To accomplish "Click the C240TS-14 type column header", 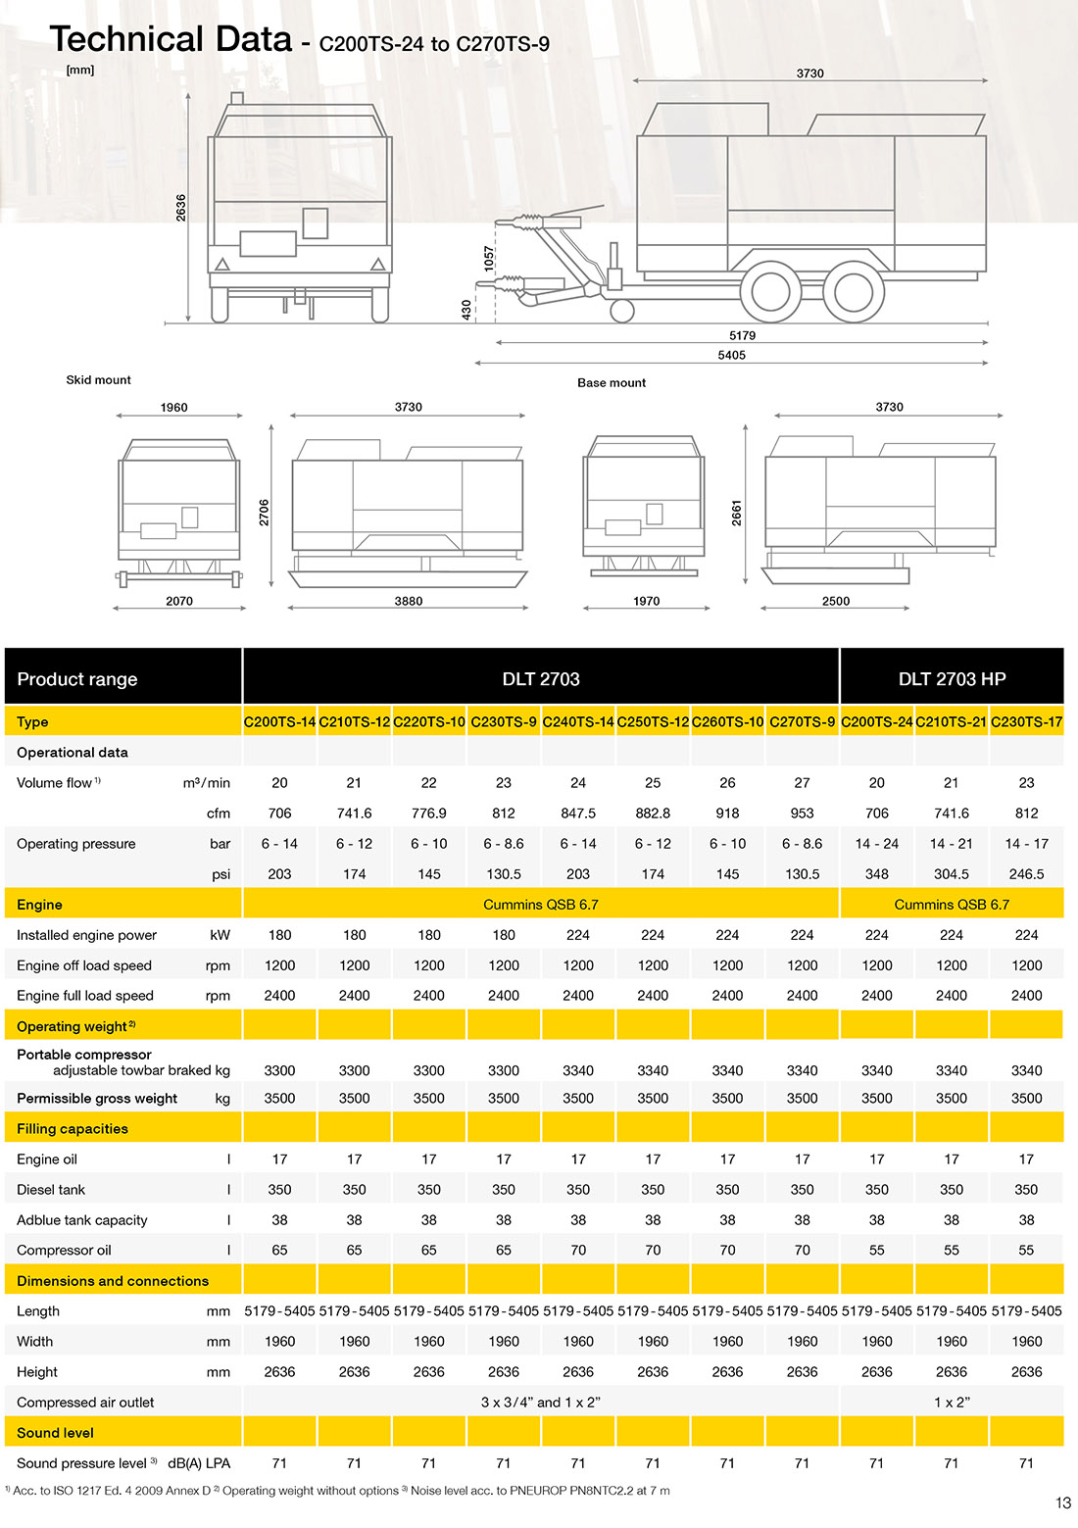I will [x=578, y=722].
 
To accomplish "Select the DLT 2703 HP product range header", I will [x=952, y=679].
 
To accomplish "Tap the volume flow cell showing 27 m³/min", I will [x=802, y=783].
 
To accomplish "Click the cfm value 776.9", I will [x=429, y=813].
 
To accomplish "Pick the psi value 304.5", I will [x=952, y=874].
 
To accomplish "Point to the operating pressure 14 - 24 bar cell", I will [x=876, y=844].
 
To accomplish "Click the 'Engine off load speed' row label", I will [x=84, y=965].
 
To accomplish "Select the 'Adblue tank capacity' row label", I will [x=82, y=1220].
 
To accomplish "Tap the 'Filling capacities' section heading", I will [x=73, y=1129].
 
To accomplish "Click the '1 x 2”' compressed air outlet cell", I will [x=952, y=1403].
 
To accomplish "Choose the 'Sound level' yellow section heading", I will [x=55, y=1433].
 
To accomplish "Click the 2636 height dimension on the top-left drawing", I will [x=181, y=207].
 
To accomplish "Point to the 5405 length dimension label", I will [x=731, y=356].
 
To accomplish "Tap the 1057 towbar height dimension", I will [x=489, y=259].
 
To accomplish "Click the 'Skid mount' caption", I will [x=98, y=380].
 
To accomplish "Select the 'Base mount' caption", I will [x=612, y=383].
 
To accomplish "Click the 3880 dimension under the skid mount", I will [x=409, y=602].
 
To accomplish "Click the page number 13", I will [x=1063, y=1503].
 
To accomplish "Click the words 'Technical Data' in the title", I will [x=171, y=39].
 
